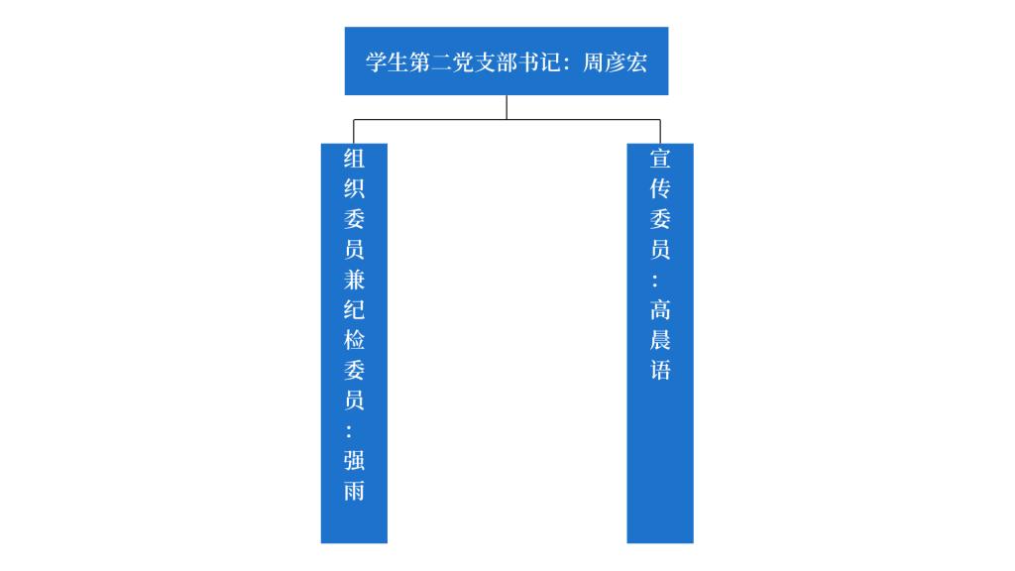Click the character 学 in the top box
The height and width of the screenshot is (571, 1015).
(x=376, y=62)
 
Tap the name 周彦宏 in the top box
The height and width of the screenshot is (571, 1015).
(x=615, y=62)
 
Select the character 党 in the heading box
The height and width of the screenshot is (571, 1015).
(x=464, y=62)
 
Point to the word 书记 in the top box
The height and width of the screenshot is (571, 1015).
(x=529, y=62)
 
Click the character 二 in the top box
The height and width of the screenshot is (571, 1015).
(x=441, y=62)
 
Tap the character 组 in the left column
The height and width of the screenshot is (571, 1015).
(x=354, y=159)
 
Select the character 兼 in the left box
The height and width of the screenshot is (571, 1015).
(x=354, y=280)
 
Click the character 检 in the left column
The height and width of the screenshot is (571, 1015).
(x=354, y=340)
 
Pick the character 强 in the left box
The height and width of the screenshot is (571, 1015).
(x=354, y=460)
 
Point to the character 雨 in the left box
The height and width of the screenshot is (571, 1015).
(x=354, y=491)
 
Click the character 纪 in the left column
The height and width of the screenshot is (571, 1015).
(x=354, y=309)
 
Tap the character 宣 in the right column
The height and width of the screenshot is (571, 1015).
(x=660, y=159)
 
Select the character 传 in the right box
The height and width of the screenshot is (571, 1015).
(x=660, y=188)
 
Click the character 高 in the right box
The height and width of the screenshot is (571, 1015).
(x=660, y=309)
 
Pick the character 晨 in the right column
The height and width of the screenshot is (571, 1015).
(x=660, y=340)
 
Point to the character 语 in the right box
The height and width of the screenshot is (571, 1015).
(x=660, y=370)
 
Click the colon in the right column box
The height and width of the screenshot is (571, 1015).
(x=655, y=281)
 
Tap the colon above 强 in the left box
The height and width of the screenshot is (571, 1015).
(x=349, y=431)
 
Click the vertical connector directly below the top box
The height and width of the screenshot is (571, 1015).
(x=507, y=107)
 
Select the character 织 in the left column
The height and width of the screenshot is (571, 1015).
(x=354, y=188)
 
